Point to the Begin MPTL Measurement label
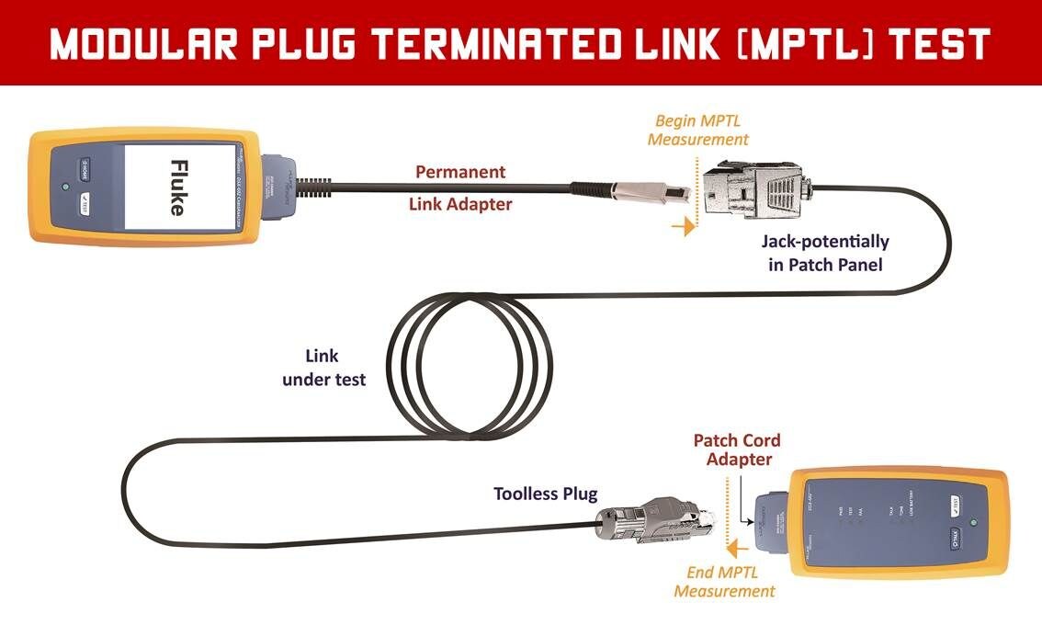tap(698, 131)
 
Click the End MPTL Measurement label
tap(724, 582)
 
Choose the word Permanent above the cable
tap(460, 172)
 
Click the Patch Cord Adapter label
tap(737, 449)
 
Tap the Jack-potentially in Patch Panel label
tap(825, 252)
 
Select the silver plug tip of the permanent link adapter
tap(657, 192)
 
